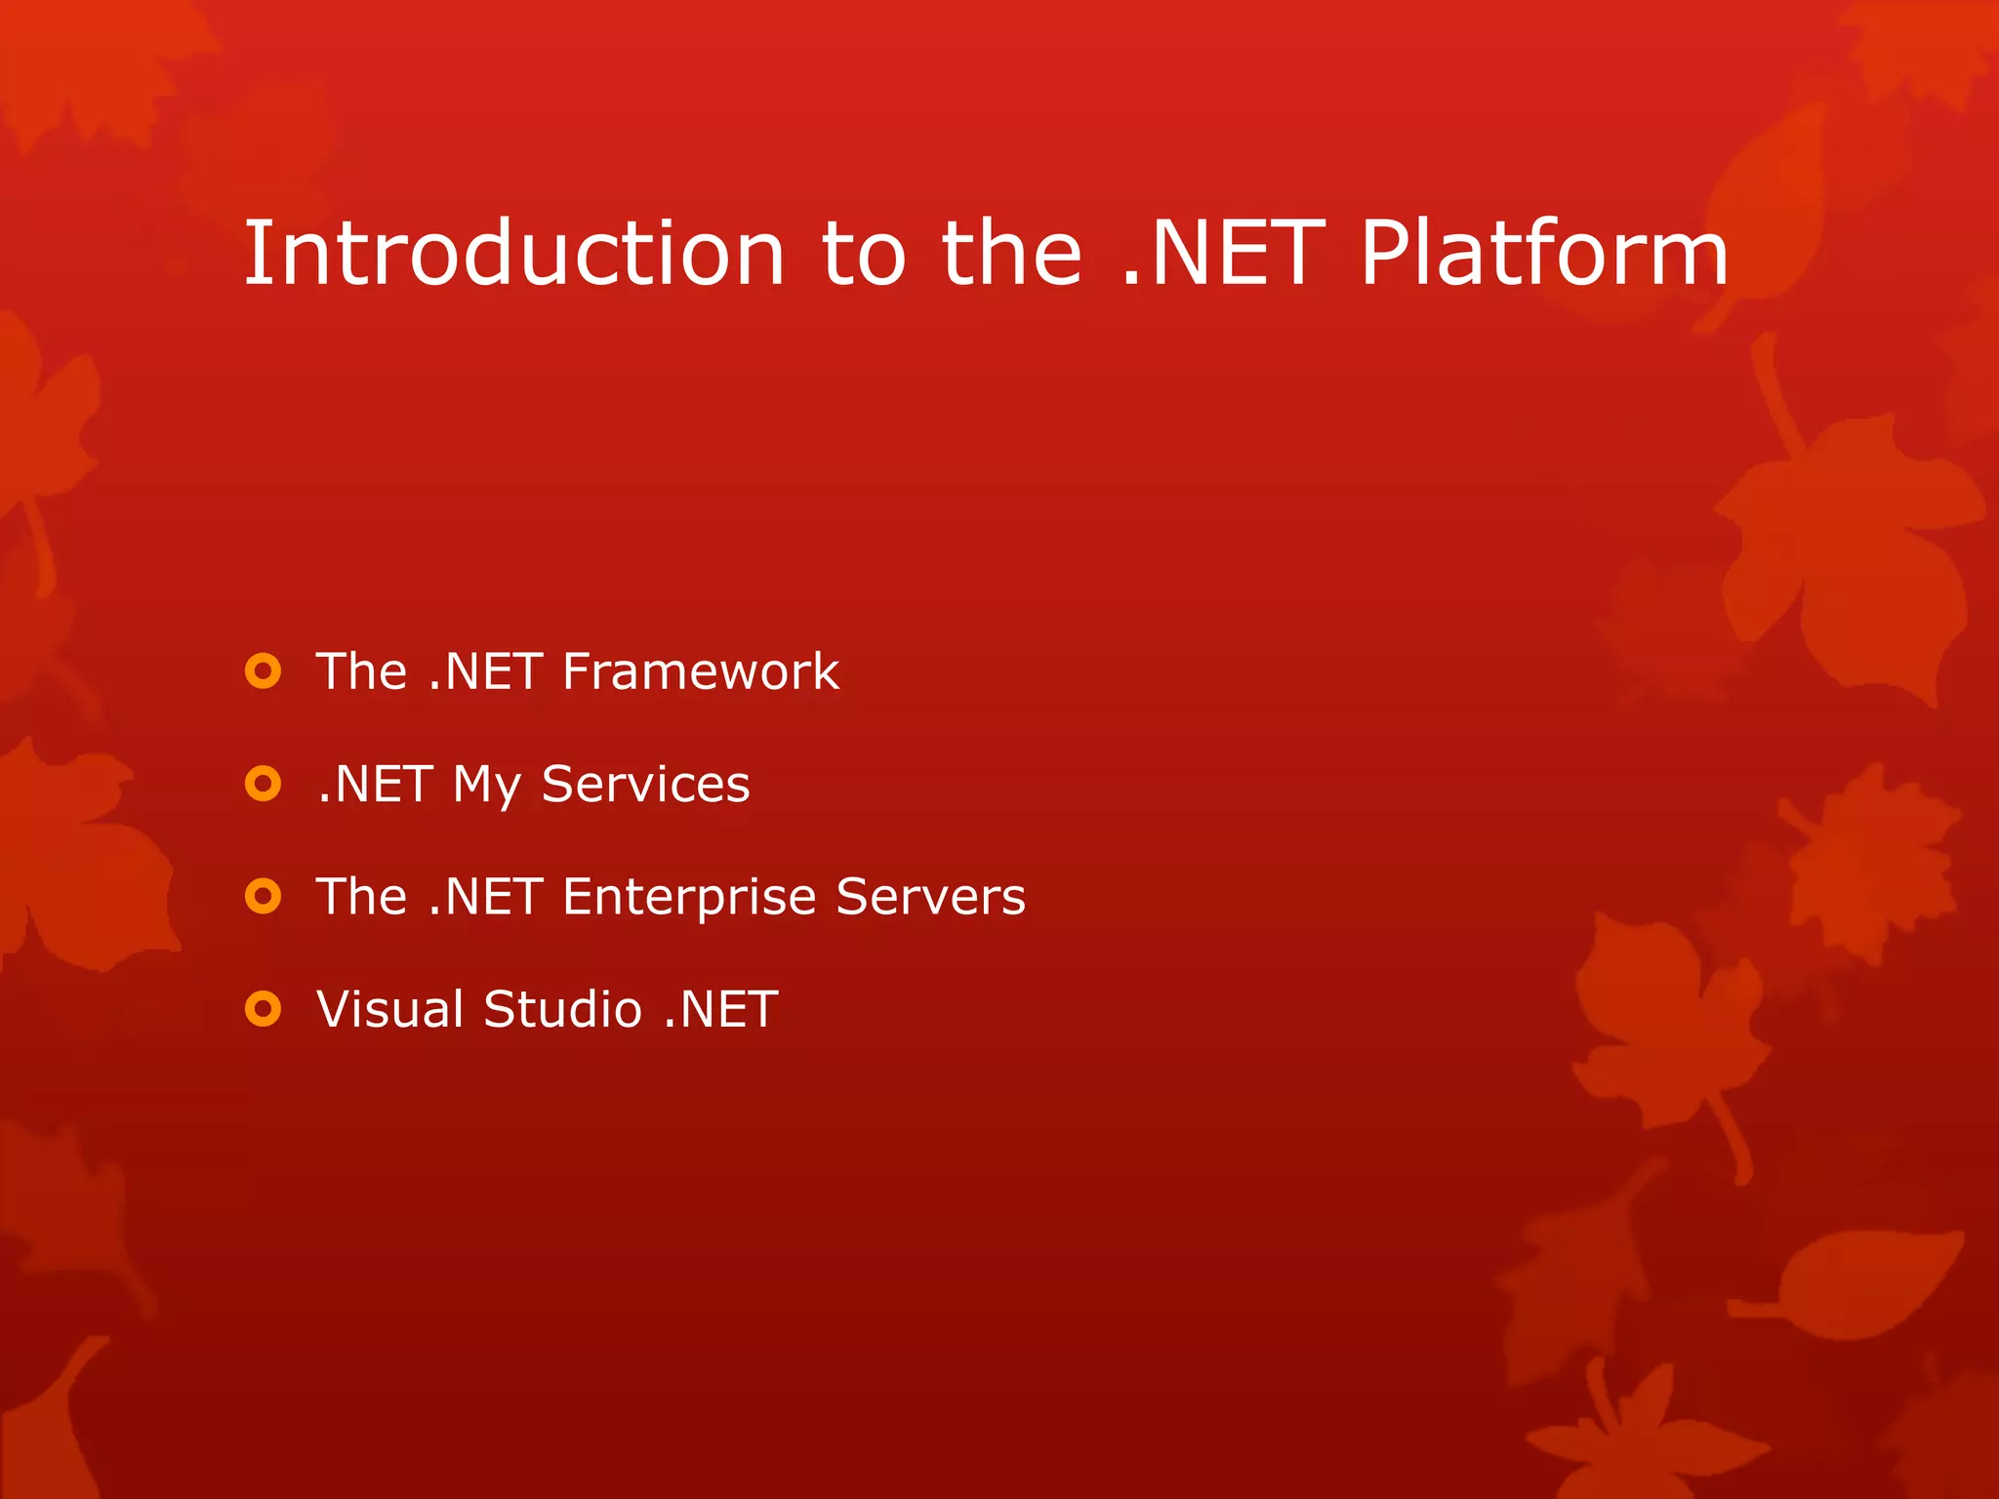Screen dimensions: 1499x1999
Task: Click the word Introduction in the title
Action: coord(513,254)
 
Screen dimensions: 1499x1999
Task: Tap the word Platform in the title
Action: coord(1544,254)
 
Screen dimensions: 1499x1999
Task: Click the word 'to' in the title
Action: coord(863,256)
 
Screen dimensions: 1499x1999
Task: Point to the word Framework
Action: coord(700,671)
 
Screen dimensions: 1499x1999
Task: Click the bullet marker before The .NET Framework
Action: coord(264,671)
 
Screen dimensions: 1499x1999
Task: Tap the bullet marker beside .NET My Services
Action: coord(264,784)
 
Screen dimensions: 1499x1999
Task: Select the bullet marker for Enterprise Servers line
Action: coord(264,896)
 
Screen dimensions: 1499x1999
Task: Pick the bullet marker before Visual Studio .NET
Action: coord(264,1008)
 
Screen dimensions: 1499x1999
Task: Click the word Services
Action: coord(645,784)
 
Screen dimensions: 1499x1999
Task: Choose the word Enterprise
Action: coord(689,898)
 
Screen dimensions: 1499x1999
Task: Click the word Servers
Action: coord(930,896)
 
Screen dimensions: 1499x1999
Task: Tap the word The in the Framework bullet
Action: coord(361,671)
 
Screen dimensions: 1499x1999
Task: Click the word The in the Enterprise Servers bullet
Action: coord(361,896)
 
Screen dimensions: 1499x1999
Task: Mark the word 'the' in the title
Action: coord(1011,254)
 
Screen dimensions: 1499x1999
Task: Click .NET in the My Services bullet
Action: coord(375,784)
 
